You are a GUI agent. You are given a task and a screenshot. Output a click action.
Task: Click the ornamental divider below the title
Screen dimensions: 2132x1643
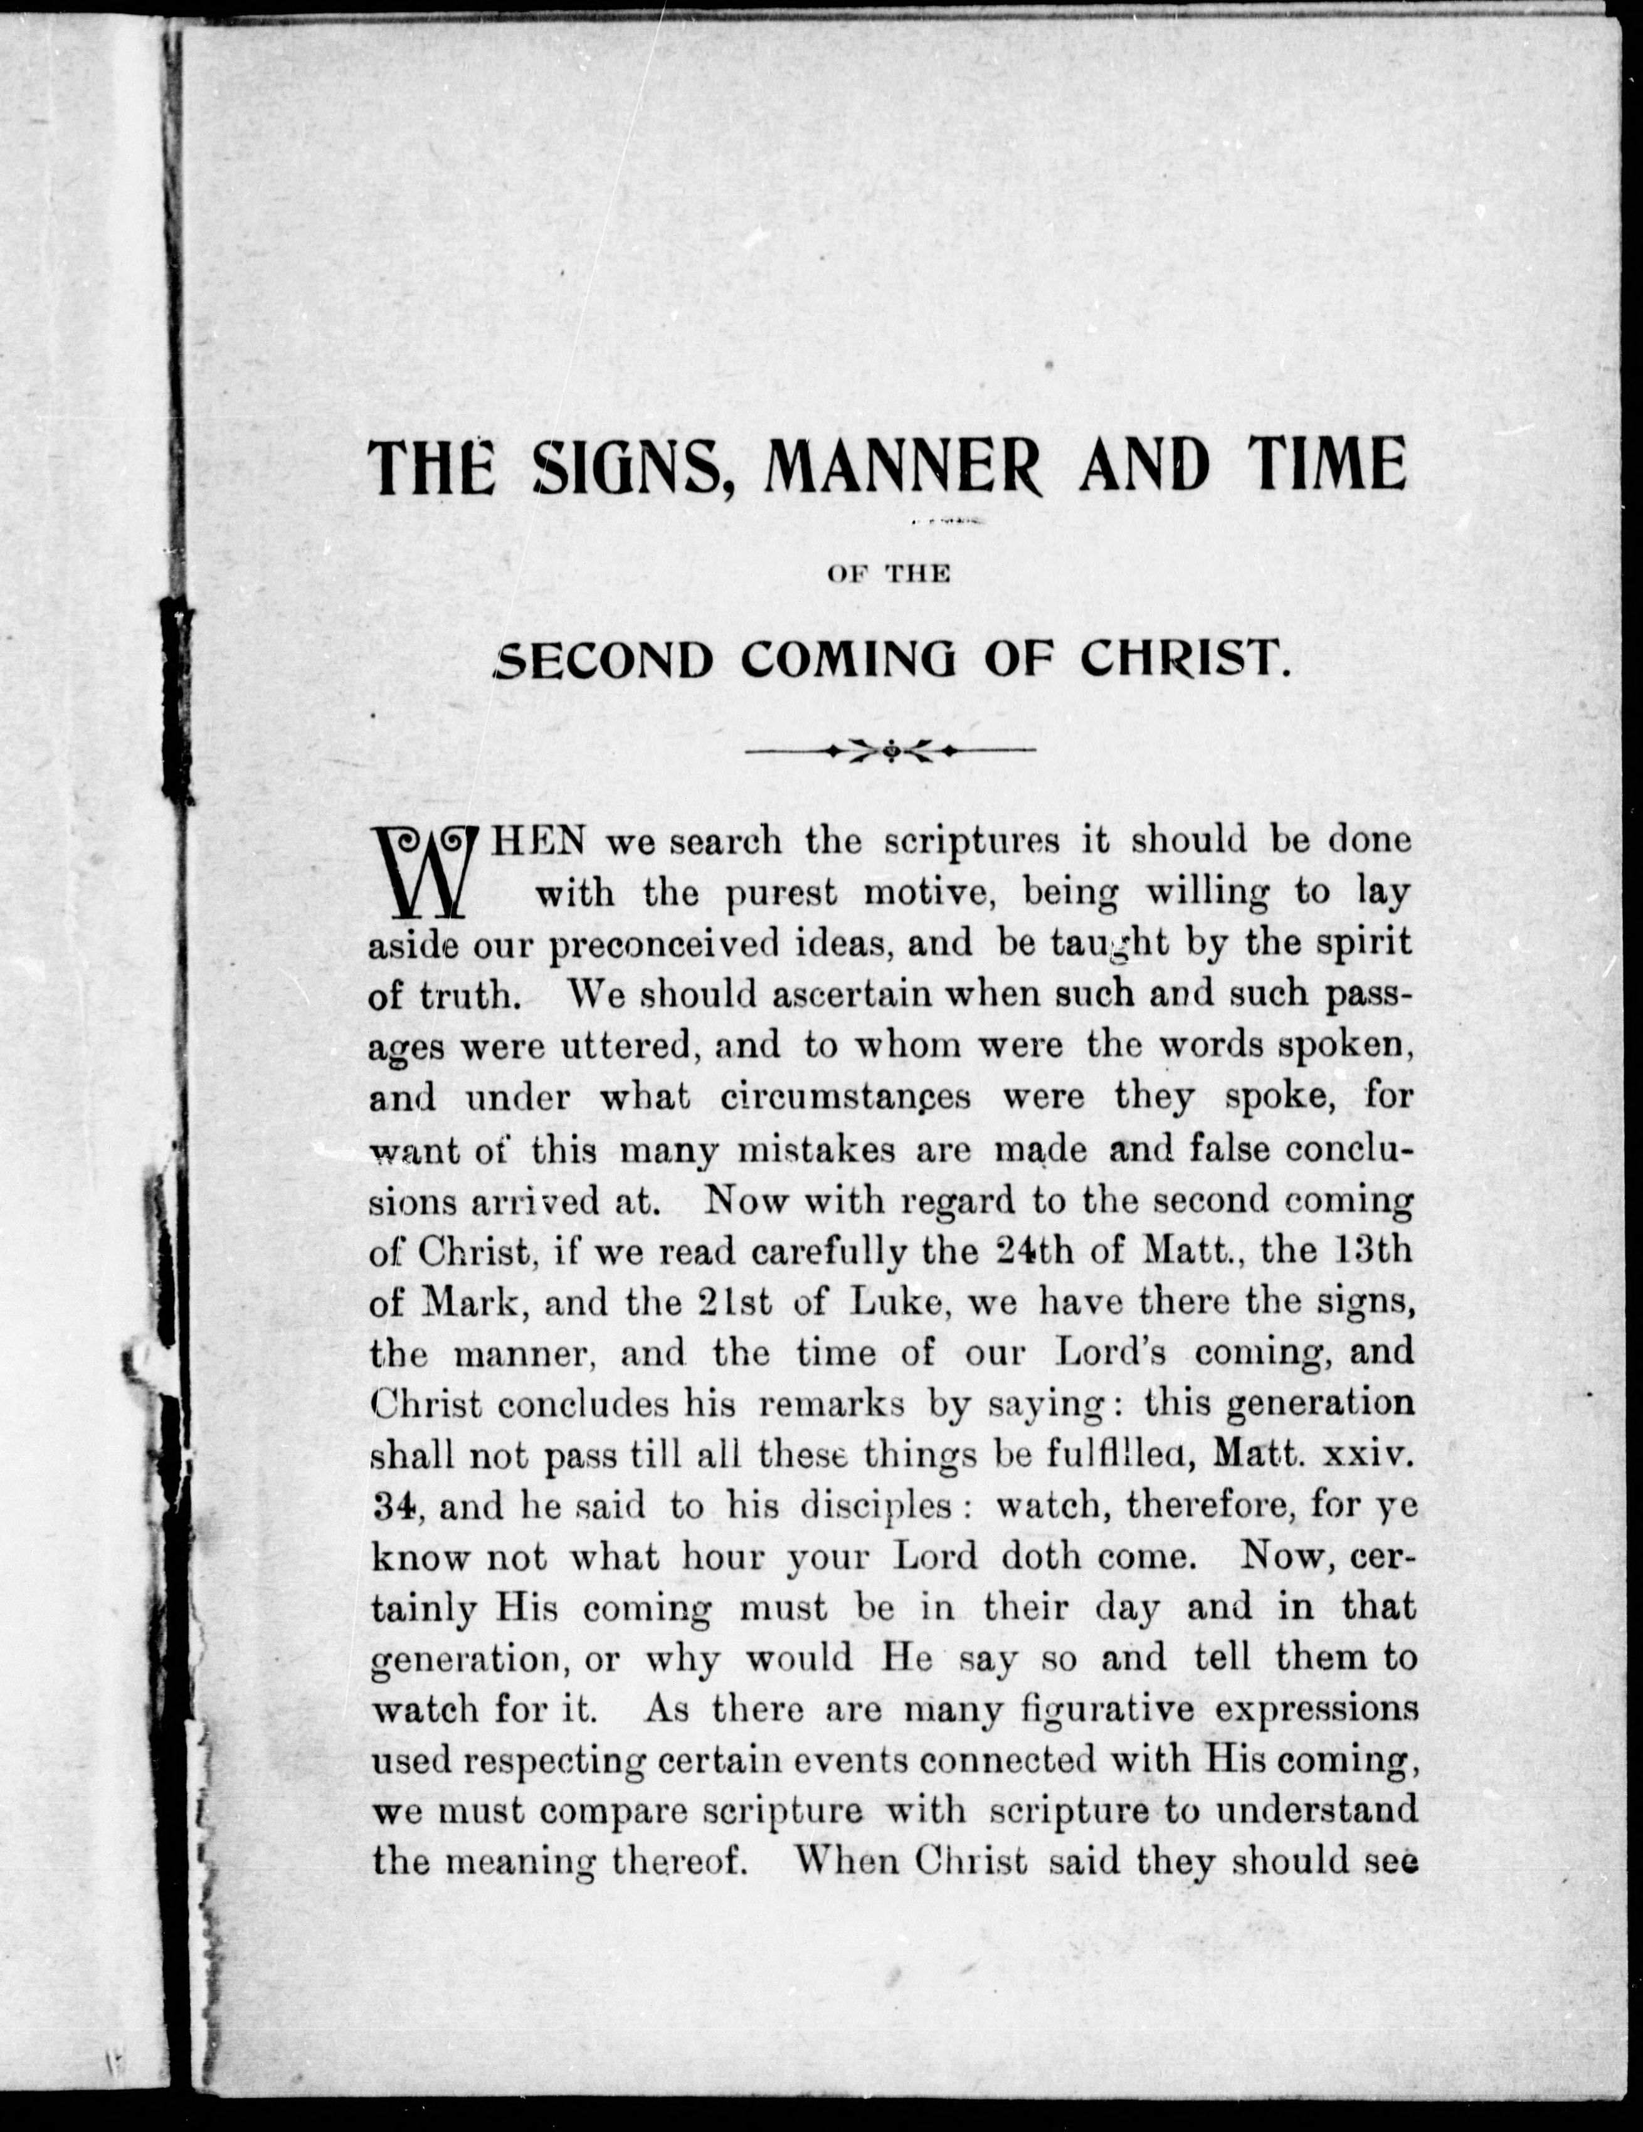[889, 751]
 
